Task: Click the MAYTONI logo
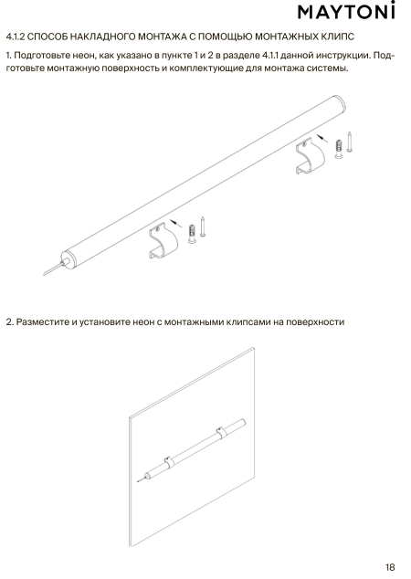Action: point(346,11)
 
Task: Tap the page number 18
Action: point(390,567)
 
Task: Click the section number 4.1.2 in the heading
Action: point(16,37)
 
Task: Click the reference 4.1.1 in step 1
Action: point(270,56)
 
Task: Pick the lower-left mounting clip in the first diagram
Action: point(163,242)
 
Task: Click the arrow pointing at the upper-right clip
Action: point(323,139)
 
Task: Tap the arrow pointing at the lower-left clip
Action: point(176,223)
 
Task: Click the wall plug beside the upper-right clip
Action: point(338,149)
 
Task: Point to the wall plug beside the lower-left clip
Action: point(192,234)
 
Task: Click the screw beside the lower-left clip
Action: point(203,226)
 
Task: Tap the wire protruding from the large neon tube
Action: point(54,268)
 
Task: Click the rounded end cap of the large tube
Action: point(341,103)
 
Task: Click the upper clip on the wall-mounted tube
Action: point(220,432)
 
